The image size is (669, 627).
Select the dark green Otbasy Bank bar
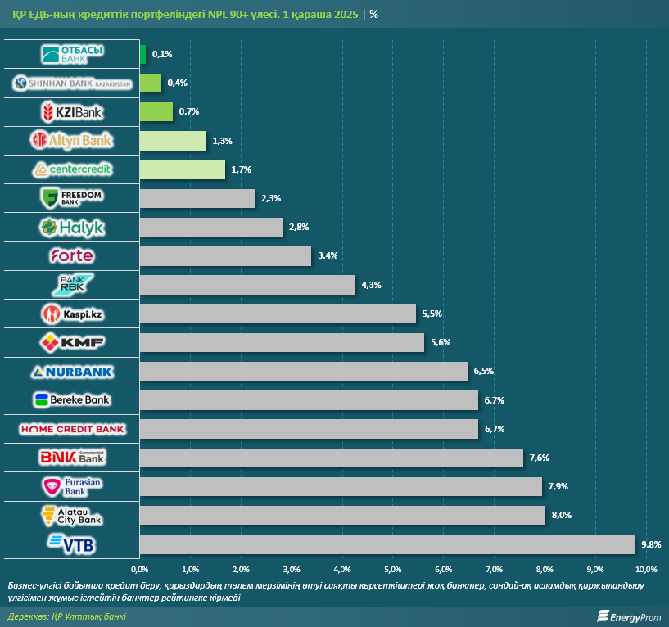click(142, 54)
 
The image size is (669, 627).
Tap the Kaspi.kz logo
click(72, 313)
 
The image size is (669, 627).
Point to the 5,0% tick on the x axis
click(392, 569)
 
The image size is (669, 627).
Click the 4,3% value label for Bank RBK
click(371, 285)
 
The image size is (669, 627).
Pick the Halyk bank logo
click(72, 227)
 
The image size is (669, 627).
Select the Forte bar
click(225, 256)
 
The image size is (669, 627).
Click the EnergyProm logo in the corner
click(629, 616)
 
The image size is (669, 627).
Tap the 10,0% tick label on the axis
click(645, 569)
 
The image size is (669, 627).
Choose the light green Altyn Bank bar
click(173, 141)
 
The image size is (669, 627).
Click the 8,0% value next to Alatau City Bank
click(561, 516)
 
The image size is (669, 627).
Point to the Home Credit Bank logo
click(72, 429)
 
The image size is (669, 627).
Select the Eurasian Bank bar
click(341, 487)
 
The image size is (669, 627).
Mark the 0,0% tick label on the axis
click(140, 569)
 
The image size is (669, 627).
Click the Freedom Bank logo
click(72, 198)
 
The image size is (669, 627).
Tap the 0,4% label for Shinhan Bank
click(177, 83)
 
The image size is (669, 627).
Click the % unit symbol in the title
click(374, 14)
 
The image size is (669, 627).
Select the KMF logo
click(72, 342)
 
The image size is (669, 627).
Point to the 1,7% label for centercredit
click(241, 169)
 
